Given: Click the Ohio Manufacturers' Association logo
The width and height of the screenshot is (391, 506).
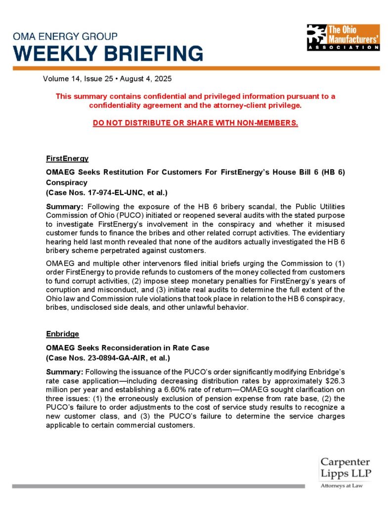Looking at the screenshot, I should coord(343,37).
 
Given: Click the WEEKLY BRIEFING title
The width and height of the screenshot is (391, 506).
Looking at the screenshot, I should coord(108,53).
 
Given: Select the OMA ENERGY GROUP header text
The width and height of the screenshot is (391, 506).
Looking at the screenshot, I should coord(65,37).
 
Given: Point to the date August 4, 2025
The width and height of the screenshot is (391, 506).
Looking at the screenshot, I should coord(149,79).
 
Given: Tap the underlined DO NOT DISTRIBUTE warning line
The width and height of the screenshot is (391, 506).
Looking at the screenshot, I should coord(195,123).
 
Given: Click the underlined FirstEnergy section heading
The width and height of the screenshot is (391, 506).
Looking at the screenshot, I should coord(67,159).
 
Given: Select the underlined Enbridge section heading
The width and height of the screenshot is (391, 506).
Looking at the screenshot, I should coord(63,335).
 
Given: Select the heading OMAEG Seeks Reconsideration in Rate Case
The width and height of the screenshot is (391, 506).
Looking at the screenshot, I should coord(128,348).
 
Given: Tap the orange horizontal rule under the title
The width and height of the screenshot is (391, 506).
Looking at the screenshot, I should coord(196,68).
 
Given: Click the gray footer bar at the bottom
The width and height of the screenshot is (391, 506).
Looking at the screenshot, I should coord(158,486).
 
